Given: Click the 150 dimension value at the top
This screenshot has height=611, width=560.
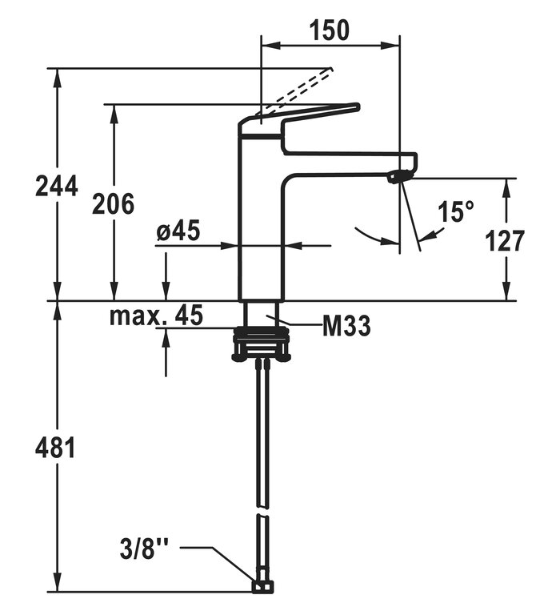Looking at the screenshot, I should pyautogui.click(x=330, y=30).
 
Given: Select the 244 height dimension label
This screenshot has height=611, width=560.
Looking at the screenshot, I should pyautogui.click(x=57, y=186).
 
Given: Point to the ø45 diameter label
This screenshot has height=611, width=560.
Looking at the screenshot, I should pyautogui.click(x=178, y=231).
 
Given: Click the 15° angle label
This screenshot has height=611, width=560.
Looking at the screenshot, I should pyautogui.click(x=456, y=212).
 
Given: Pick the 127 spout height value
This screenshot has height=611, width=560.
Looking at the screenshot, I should pyautogui.click(x=506, y=240).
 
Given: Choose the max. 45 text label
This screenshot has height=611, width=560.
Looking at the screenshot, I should pyautogui.click(x=157, y=315).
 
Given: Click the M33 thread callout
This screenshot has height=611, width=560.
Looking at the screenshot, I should pyautogui.click(x=346, y=327).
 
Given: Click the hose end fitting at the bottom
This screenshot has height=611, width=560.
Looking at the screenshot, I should pyautogui.click(x=260, y=588).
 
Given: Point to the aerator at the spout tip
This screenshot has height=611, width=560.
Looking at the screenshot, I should pyautogui.click(x=395, y=177).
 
